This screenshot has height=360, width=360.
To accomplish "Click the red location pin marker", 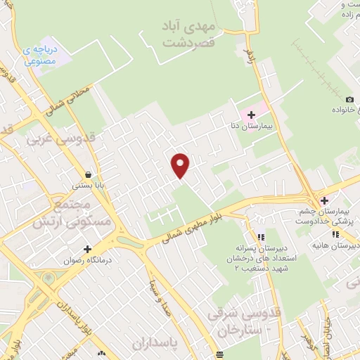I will tap(181, 165).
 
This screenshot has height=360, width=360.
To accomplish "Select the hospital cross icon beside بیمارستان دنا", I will tap(251, 114).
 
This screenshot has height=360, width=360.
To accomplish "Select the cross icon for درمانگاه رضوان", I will tap(87, 249).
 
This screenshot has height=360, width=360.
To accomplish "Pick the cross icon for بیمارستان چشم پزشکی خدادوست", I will tap(324, 201).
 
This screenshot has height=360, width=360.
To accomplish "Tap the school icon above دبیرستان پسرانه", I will tap(260, 238).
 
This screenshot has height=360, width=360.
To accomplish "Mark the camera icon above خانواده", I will tap(349, 99).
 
